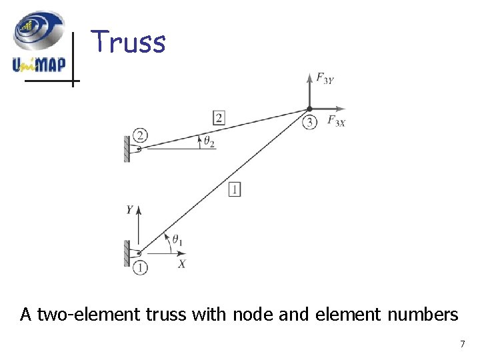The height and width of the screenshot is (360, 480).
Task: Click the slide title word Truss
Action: pyautogui.click(x=128, y=41)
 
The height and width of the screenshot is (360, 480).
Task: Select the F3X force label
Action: pyautogui.click(x=337, y=121)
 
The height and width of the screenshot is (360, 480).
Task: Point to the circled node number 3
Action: pyautogui.click(x=309, y=122)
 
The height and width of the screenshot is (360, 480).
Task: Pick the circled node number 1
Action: pyautogui.click(x=140, y=267)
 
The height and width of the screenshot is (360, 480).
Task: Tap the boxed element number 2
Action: pyautogui.click(x=219, y=119)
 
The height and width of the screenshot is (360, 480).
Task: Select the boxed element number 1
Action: pyautogui.click(x=234, y=189)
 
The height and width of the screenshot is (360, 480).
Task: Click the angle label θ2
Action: pyautogui.click(x=209, y=141)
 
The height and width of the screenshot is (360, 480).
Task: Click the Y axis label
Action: pyautogui.click(x=129, y=210)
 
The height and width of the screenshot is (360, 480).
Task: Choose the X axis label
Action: pyautogui.click(x=182, y=264)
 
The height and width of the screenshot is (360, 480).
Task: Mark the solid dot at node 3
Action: pyautogui.click(x=309, y=109)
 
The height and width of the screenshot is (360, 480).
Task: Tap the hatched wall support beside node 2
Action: pyautogui.click(x=127, y=149)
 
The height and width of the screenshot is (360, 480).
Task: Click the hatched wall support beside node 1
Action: pyautogui.click(x=127, y=253)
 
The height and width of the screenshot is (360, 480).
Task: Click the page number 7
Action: pyautogui.click(x=462, y=344)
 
